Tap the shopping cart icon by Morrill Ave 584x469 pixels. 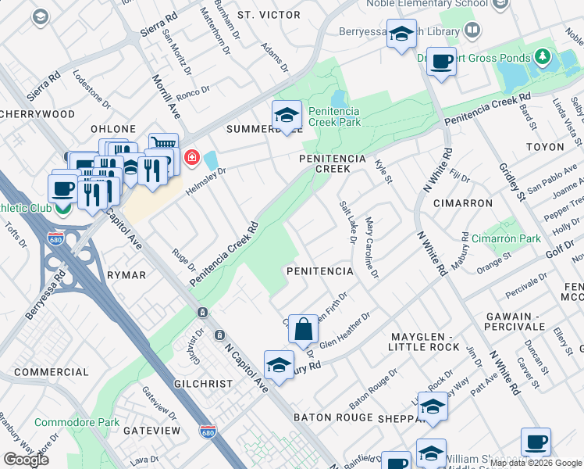click(x=163, y=145)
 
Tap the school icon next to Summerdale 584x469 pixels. click(x=287, y=116)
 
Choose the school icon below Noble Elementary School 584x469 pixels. click(x=401, y=35)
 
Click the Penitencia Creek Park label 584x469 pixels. click(x=334, y=116)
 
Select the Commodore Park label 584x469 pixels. click(x=77, y=422)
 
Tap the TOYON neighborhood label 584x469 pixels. click(x=545, y=147)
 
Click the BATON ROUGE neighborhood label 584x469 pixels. click(x=335, y=417)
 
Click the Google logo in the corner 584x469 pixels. click(x=26, y=460)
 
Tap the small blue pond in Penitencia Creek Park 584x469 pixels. click(x=338, y=99)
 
